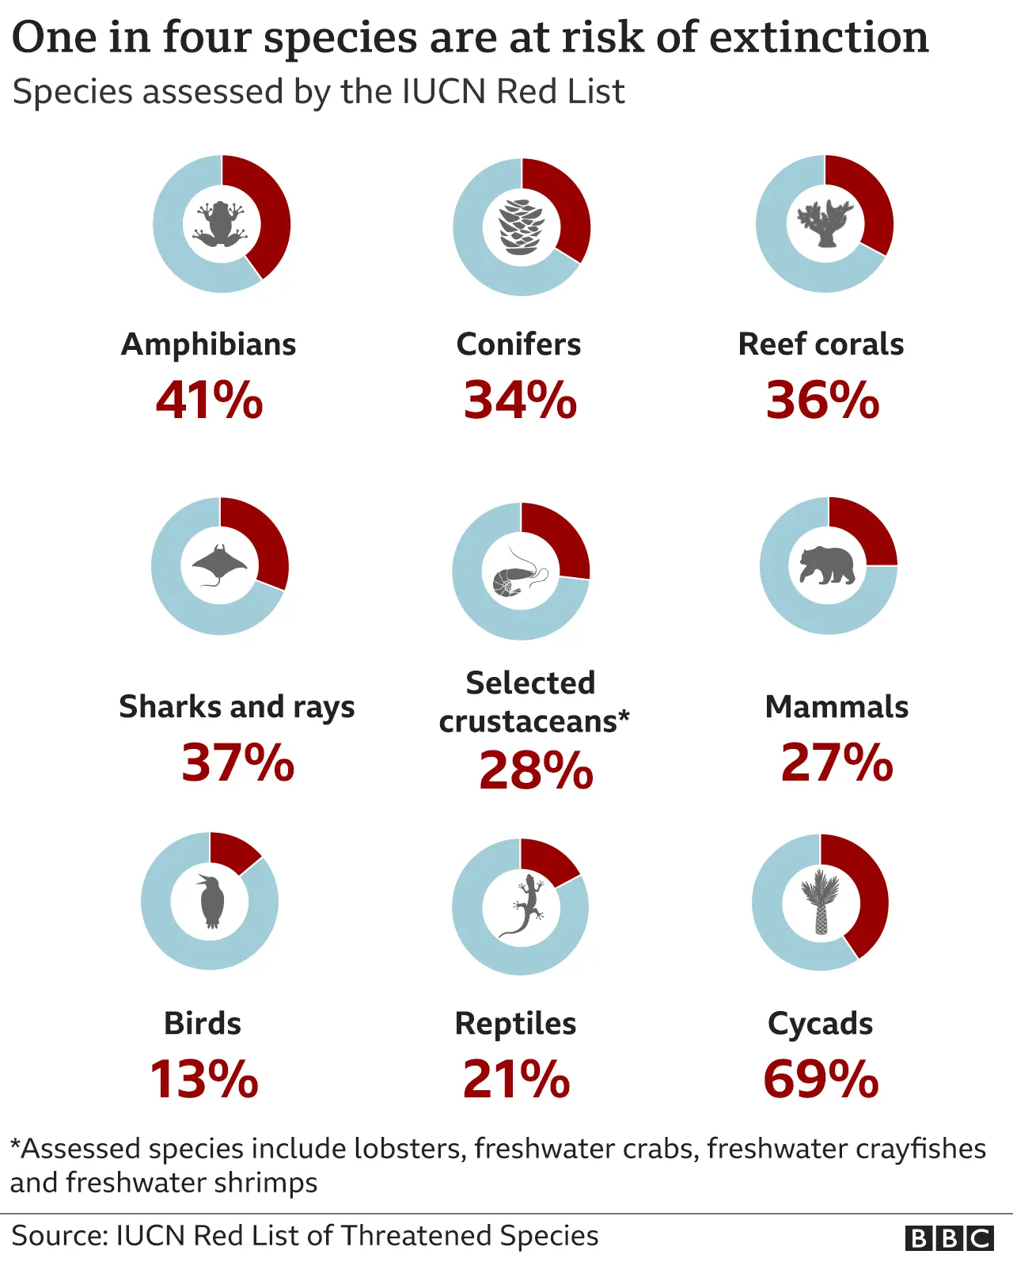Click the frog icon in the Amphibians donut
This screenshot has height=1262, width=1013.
click(222, 224)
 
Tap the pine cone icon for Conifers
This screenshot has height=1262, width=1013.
click(522, 227)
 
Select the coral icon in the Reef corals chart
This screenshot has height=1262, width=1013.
click(825, 223)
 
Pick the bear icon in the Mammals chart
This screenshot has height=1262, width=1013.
click(827, 565)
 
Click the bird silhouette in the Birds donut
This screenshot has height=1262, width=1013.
click(211, 901)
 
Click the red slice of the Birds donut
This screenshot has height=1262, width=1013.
click(233, 850)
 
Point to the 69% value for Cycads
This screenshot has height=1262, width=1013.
click(821, 1079)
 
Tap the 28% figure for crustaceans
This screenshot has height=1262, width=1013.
click(536, 770)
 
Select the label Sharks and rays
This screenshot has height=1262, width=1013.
click(237, 707)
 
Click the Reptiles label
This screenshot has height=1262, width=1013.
click(515, 1024)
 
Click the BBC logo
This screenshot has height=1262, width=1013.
click(949, 1237)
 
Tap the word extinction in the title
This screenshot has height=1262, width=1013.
click(818, 37)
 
